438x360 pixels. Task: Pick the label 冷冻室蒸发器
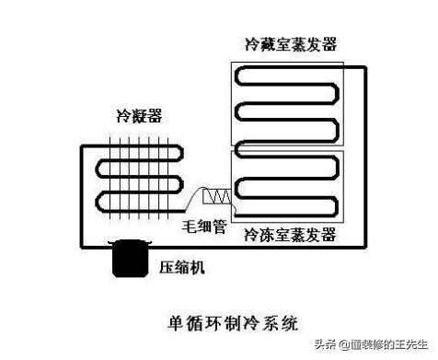[289, 237]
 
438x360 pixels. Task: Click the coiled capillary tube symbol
[217, 196]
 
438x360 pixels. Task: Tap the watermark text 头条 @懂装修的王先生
[368, 344]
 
